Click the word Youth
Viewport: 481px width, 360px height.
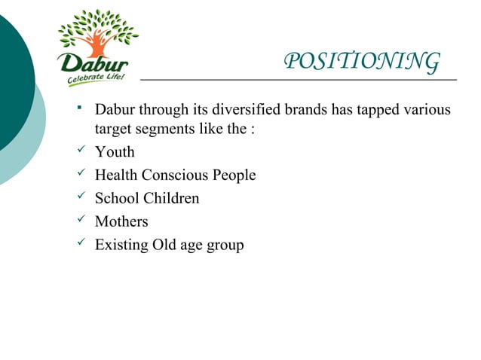(115, 152)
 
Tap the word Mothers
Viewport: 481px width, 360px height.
(121, 222)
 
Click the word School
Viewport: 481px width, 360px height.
(115, 199)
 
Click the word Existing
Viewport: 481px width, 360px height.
(121, 246)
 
